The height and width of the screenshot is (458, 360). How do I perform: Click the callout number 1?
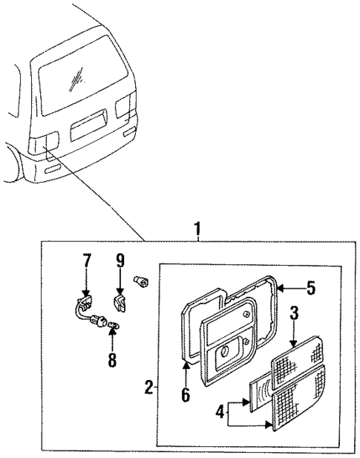click(197, 229)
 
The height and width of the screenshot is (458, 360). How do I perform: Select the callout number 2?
click(149, 387)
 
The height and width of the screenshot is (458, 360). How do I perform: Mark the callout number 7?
click(87, 261)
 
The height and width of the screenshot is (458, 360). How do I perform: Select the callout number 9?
click(120, 261)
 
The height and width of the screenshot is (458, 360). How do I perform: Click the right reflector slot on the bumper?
click(131, 132)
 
